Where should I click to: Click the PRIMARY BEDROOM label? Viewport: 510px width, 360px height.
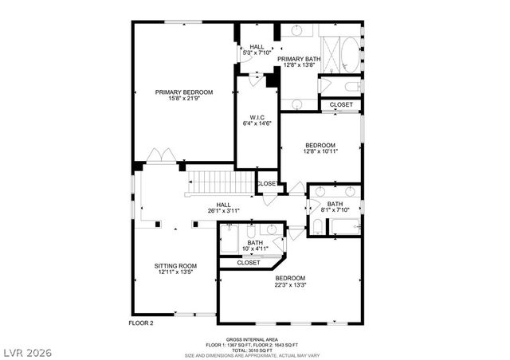[x=183, y=92]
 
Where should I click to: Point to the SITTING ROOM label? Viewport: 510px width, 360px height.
[x=175, y=265]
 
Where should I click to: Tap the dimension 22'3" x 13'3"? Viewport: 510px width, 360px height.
[x=291, y=285]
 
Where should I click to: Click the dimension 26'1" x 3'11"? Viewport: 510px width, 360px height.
[x=223, y=210]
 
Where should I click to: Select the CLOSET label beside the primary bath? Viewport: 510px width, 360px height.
[x=341, y=104]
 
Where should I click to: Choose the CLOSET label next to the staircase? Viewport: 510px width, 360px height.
[x=267, y=184]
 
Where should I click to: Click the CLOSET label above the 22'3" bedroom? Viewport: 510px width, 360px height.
[x=248, y=262]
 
